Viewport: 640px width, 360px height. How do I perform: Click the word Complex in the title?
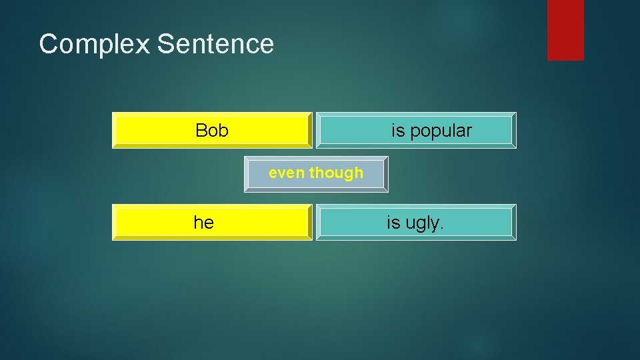[x=95, y=45]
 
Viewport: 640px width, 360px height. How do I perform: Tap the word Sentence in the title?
[x=215, y=44]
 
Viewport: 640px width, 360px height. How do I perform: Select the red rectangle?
[x=565, y=29]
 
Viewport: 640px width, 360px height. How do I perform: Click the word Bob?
[x=212, y=131]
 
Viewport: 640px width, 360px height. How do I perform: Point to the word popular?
[x=441, y=131]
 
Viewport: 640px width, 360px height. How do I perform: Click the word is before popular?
[x=398, y=131]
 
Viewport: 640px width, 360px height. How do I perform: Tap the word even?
[x=287, y=173]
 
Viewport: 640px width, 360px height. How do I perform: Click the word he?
[x=204, y=223]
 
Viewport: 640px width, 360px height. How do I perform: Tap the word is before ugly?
[x=393, y=223]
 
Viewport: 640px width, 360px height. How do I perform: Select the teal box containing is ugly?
[x=480, y=222]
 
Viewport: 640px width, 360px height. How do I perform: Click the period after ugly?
[x=441, y=228]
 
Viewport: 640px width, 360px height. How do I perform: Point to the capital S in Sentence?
[x=165, y=44]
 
